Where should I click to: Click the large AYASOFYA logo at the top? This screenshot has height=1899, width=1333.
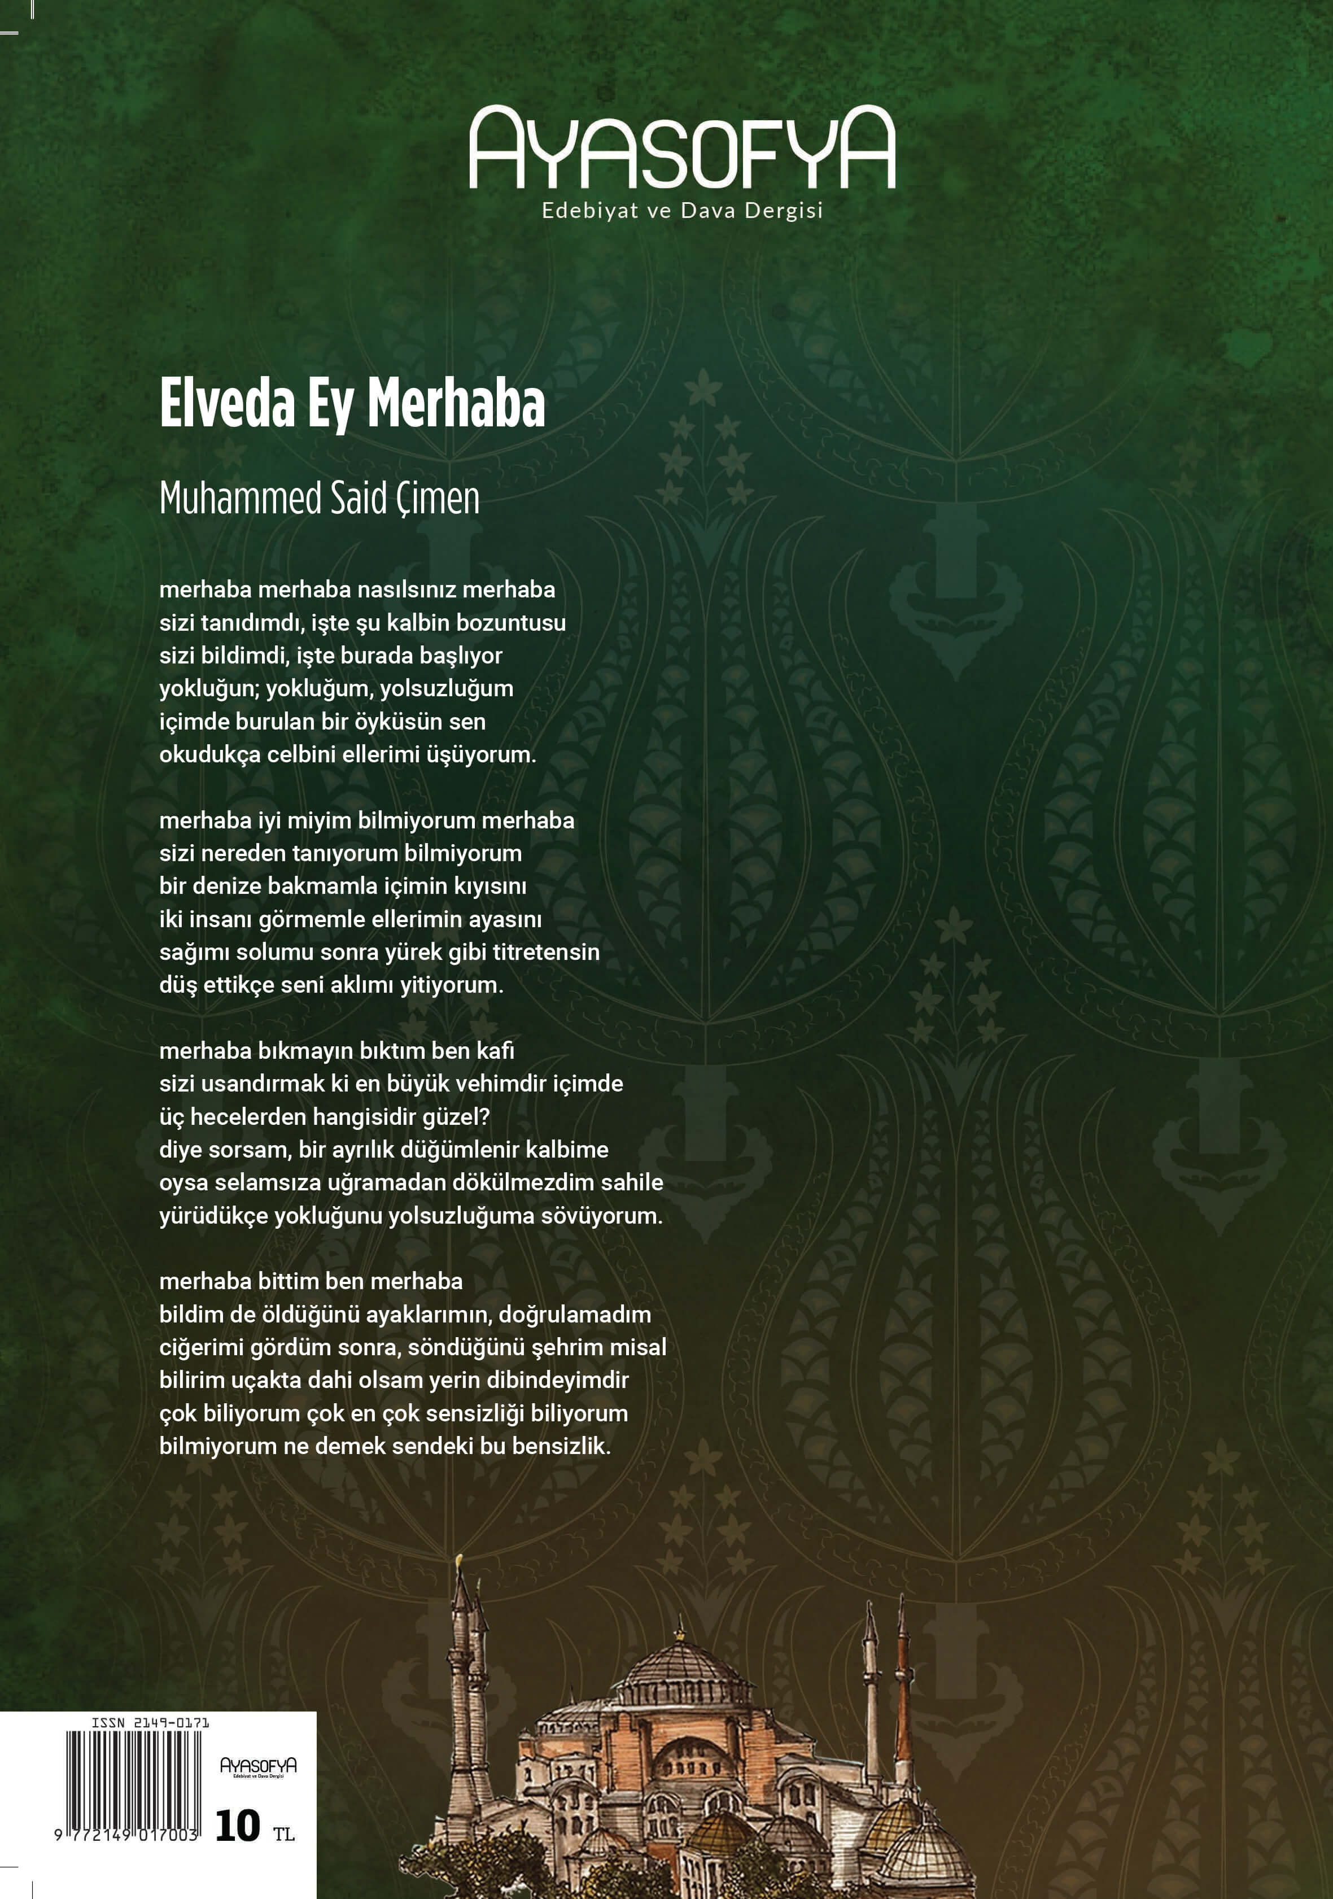click(x=681, y=149)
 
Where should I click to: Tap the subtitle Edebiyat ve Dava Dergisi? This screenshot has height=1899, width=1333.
click(x=681, y=211)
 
